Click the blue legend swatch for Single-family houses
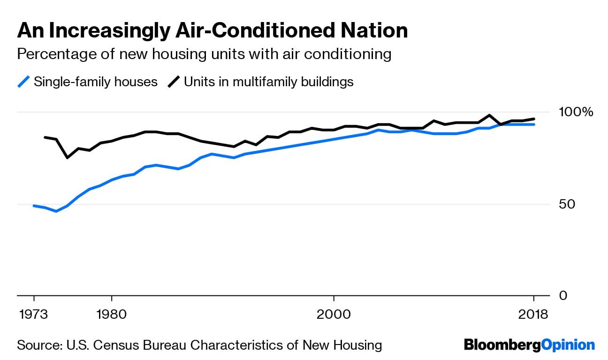[24, 82]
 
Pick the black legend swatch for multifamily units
[174, 82]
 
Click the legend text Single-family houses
[96, 82]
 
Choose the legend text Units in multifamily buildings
[268, 82]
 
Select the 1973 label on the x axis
[34, 314]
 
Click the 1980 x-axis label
[112, 314]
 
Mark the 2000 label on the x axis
[334, 314]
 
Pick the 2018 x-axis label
[533, 314]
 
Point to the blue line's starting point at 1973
[34, 206]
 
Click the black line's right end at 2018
[534, 119]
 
